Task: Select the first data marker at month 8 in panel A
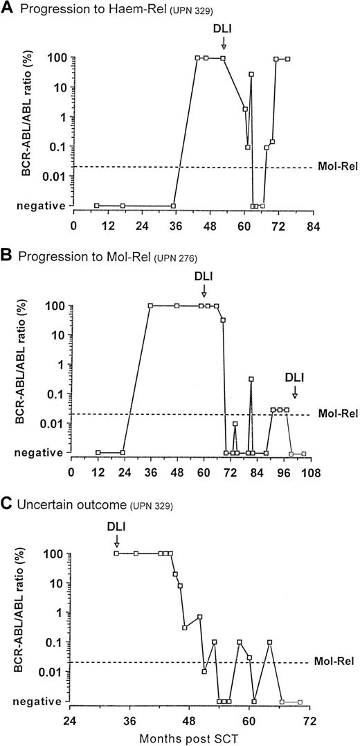click(96, 206)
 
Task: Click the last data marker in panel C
click(300, 702)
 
